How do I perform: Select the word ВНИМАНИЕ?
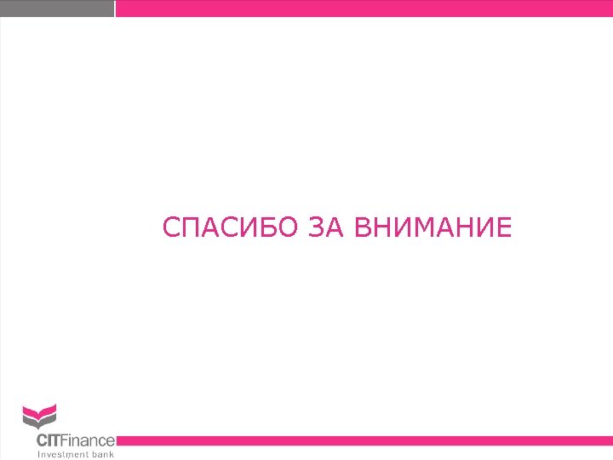[432, 228]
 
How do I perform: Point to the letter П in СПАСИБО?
[190, 228]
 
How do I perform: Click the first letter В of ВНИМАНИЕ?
[360, 228]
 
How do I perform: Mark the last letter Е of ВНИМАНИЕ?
[504, 228]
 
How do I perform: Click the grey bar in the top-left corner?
[56, 9]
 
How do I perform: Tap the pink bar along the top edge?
[364, 9]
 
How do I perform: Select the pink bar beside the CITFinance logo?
[364, 440]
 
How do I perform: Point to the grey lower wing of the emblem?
[39, 423]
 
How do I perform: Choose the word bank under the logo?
[103, 454]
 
